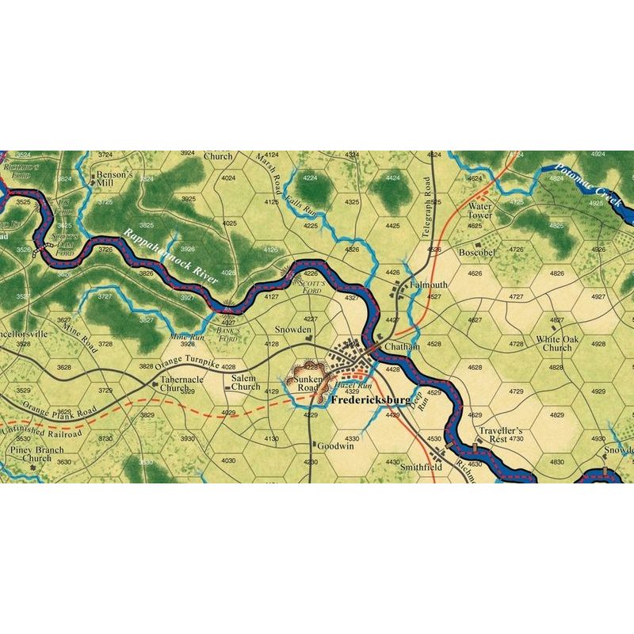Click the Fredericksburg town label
tap(369, 400)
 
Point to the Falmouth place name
tap(428, 285)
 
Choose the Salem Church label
tap(245, 382)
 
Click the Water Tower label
tap(479, 211)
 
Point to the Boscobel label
tap(479, 252)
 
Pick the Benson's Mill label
tap(111, 179)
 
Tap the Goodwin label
tap(334, 446)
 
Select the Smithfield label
tap(420, 468)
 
